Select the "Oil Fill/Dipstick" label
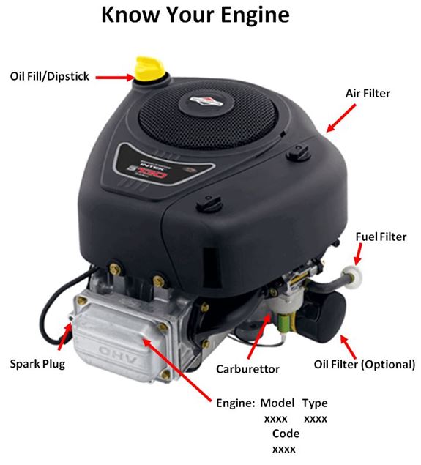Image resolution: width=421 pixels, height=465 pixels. click(x=49, y=75)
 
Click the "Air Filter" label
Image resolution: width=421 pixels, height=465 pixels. click(x=368, y=94)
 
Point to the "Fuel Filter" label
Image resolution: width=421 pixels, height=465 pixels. click(x=380, y=237)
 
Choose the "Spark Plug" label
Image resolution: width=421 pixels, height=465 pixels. click(x=37, y=363)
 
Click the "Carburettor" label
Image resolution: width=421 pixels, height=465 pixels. click(x=247, y=369)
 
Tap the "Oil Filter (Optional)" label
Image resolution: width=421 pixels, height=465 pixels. click(x=365, y=364)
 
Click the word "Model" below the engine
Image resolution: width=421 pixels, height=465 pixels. click(x=277, y=403)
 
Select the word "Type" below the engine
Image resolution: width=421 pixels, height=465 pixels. click(x=315, y=403)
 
